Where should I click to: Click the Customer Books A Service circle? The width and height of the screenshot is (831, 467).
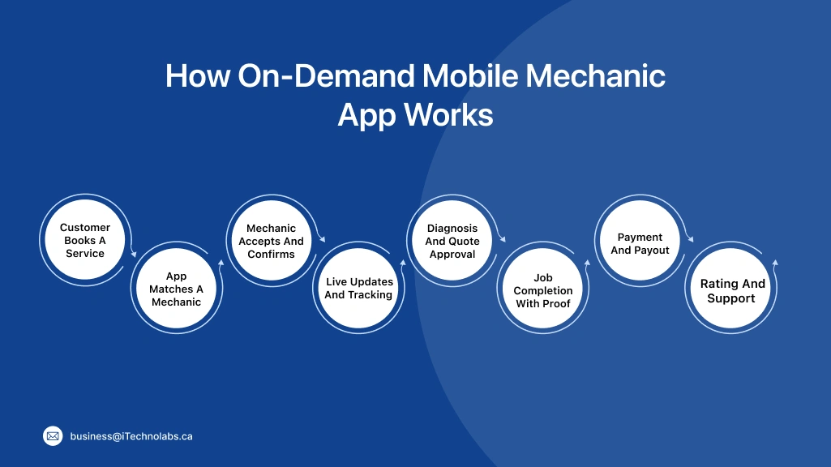(x=85, y=241)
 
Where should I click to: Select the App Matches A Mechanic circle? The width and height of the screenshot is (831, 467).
(x=176, y=289)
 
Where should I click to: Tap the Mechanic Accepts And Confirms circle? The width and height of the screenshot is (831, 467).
(x=271, y=241)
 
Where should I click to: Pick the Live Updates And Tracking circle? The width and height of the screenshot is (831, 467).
(x=358, y=289)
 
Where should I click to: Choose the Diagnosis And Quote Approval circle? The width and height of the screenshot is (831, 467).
(x=452, y=241)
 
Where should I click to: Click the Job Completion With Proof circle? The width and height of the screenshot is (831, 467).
(x=542, y=290)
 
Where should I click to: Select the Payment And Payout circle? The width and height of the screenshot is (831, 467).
(x=640, y=244)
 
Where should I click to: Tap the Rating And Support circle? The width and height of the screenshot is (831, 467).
(x=732, y=290)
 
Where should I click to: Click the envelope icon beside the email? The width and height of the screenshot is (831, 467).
(x=53, y=436)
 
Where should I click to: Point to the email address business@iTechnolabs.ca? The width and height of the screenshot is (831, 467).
(x=131, y=436)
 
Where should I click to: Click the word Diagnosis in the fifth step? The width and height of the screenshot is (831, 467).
(x=452, y=229)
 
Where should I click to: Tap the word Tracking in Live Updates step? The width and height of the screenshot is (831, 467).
(x=371, y=295)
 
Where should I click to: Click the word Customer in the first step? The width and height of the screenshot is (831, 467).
(x=85, y=228)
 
